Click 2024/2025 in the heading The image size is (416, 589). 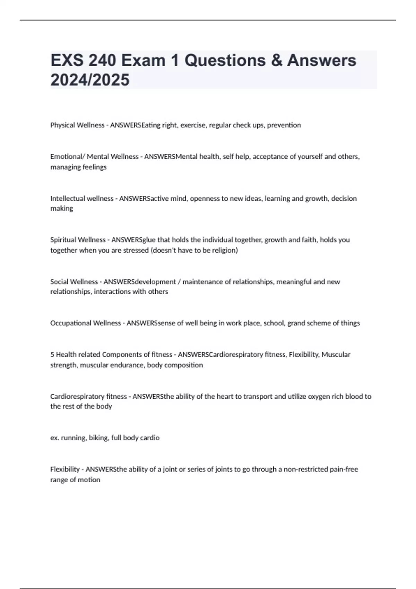90,80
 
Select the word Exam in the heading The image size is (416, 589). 144,60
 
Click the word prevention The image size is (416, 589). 284,125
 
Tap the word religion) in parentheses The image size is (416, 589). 225,250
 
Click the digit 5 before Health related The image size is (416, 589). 52,354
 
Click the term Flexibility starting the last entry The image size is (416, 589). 65,469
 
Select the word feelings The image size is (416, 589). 94,167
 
